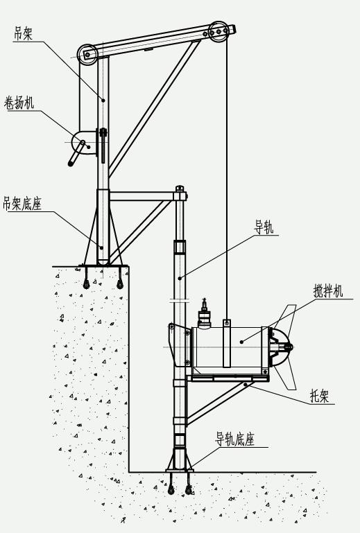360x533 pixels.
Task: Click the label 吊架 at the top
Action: coord(23,34)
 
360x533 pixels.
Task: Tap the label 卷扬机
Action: coord(19,103)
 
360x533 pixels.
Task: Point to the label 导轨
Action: coord(264,227)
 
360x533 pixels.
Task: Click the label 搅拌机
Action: coord(327,291)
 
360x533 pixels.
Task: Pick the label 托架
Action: coord(319,396)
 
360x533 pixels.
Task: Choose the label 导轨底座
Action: coord(234,439)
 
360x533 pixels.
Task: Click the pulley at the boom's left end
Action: coord(87,54)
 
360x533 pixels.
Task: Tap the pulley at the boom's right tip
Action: coord(218,32)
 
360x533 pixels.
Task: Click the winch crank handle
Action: coord(76,154)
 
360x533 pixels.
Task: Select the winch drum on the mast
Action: coord(84,143)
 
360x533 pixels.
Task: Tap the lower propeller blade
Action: coord(286,376)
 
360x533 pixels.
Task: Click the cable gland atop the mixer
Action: coord(204,312)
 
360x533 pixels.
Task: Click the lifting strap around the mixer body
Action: coord(227,343)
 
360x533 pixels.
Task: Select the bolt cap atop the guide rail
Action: coord(180,188)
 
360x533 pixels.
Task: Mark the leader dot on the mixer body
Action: coord(241,342)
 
